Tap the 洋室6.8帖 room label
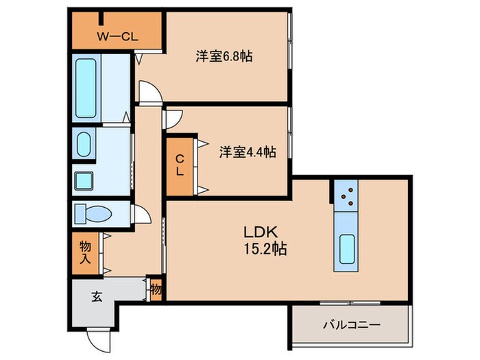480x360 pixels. coord(224,56)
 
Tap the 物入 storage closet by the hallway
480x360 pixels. coord(85,251)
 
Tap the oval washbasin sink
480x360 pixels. coord(84,145)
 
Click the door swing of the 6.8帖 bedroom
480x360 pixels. coord(149,91)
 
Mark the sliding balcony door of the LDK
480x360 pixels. coord(350,302)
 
